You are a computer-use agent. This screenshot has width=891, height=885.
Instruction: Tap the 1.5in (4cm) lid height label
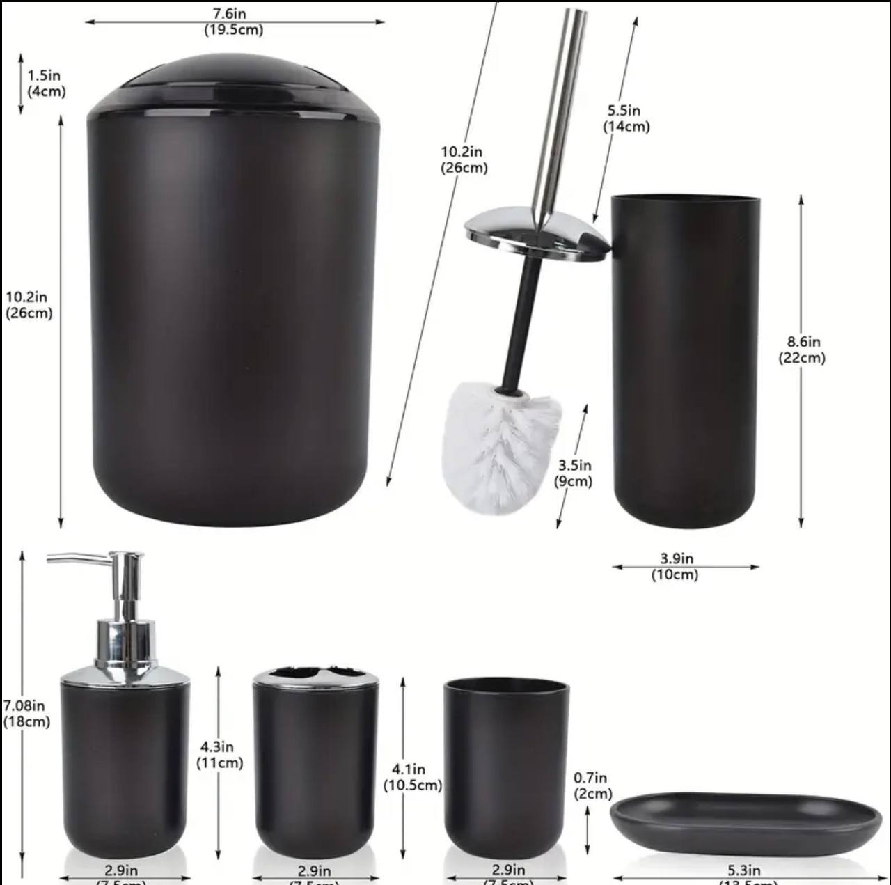pos(46,83)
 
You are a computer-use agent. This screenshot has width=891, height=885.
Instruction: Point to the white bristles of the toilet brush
pos(500,446)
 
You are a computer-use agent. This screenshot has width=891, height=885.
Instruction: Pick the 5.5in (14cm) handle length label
pos(625,118)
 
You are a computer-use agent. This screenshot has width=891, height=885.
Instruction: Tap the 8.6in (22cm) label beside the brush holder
pos(802,350)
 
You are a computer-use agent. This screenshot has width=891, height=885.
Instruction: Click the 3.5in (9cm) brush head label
pos(574,473)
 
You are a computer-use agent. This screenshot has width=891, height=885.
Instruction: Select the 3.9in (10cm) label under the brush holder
pos(675,566)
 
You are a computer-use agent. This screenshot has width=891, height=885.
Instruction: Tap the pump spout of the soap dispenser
pos(77,558)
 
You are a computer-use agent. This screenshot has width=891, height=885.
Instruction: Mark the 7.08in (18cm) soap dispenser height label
pos(26,714)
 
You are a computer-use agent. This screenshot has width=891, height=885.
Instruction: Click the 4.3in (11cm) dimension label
pos(219,755)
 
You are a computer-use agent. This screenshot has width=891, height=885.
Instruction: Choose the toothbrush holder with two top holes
pos(315,762)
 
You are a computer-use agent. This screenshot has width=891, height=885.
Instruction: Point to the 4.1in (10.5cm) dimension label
pos(411,777)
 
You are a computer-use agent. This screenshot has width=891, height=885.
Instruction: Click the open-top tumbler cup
pos(506,766)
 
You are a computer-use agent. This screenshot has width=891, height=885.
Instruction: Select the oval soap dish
pos(746,822)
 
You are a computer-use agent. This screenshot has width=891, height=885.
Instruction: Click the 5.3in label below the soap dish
pos(744,870)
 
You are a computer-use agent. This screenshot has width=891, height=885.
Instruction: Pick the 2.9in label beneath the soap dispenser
pos(122,870)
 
